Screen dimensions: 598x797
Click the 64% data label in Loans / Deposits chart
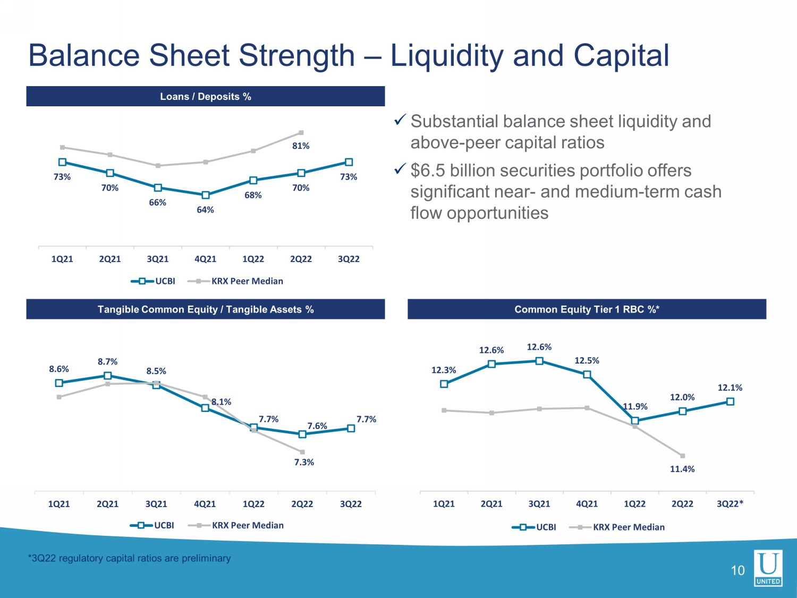205,210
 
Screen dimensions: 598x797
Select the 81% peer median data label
301,146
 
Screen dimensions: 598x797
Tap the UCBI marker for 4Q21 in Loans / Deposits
206,195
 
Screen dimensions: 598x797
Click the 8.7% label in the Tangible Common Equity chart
107,361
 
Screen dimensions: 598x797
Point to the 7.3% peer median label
304,462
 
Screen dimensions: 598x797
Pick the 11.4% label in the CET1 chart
682,469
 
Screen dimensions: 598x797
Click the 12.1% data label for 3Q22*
730,388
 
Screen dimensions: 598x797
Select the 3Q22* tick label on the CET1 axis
730,504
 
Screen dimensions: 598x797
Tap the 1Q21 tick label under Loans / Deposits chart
62,259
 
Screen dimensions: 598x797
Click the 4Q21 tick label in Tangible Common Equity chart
205,504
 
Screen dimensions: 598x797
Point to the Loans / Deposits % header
206,97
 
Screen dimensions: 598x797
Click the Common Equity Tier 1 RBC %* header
587,309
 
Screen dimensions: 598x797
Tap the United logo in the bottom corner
768,568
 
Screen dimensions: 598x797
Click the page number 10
737,571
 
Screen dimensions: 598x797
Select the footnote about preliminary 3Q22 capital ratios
130,558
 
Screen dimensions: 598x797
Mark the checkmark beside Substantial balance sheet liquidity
400,121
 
